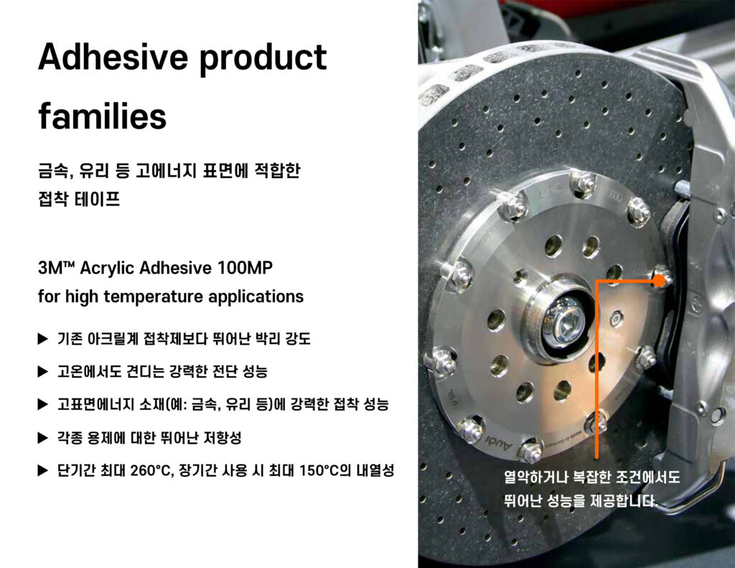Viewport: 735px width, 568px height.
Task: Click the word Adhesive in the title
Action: tap(113, 57)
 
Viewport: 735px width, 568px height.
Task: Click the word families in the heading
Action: tap(103, 116)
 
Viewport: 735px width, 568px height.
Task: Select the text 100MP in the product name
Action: tap(245, 268)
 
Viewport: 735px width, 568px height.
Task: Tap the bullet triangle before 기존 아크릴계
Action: tap(43, 339)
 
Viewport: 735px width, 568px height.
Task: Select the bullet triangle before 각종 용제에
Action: tap(43, 438)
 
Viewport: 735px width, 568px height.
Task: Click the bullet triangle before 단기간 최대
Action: tap(43, 470)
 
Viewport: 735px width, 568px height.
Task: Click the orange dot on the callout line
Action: tap(659, 281)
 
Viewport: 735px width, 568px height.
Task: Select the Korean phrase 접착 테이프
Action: tap(79, 199)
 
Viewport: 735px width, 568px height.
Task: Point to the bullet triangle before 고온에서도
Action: tap(43, 371)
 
